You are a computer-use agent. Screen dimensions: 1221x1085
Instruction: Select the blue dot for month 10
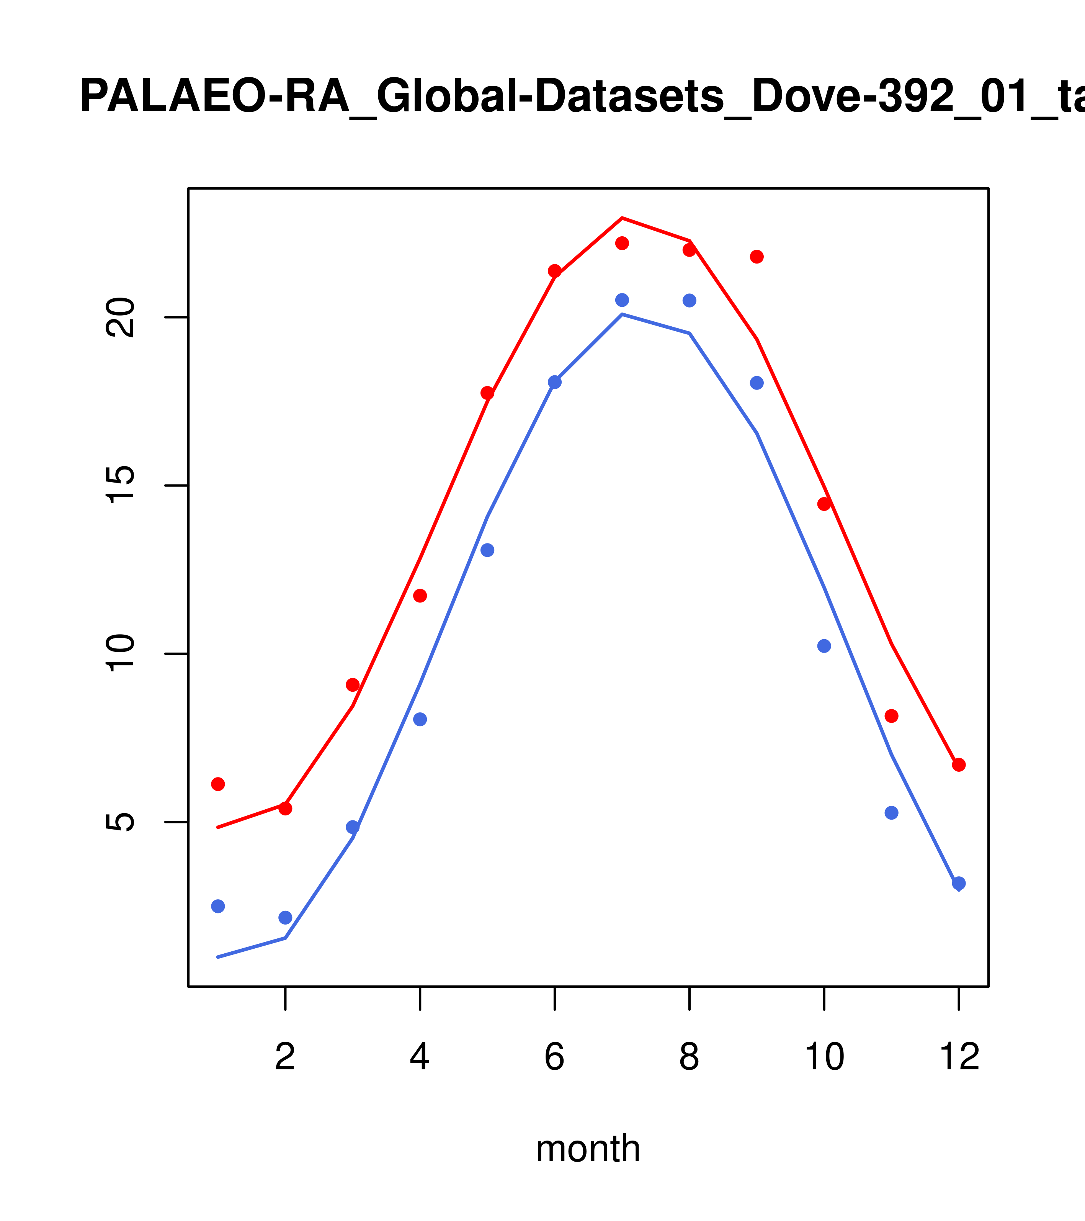824,646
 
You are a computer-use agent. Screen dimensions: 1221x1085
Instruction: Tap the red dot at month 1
218,784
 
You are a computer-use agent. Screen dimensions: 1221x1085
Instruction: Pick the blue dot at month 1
218,906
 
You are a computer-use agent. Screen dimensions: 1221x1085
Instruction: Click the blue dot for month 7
622,300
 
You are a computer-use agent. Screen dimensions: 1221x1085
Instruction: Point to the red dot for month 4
420,596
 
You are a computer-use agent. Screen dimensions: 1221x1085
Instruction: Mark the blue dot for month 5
487,550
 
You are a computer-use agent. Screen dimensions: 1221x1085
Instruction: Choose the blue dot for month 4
420,719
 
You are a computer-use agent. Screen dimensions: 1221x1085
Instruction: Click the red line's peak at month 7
622,218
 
